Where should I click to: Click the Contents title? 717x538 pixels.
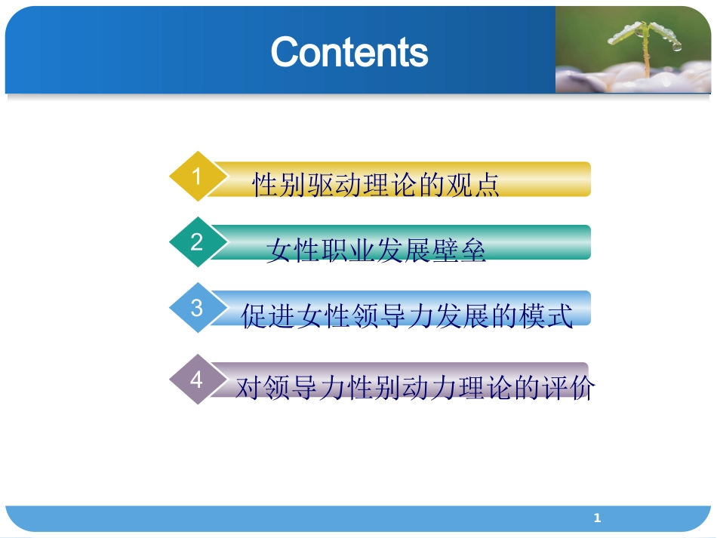pos(349,52)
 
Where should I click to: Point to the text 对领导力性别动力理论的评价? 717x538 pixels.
pos(415,389)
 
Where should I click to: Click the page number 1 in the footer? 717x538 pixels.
pos(597,518)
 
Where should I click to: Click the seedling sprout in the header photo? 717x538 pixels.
pos(646,42)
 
